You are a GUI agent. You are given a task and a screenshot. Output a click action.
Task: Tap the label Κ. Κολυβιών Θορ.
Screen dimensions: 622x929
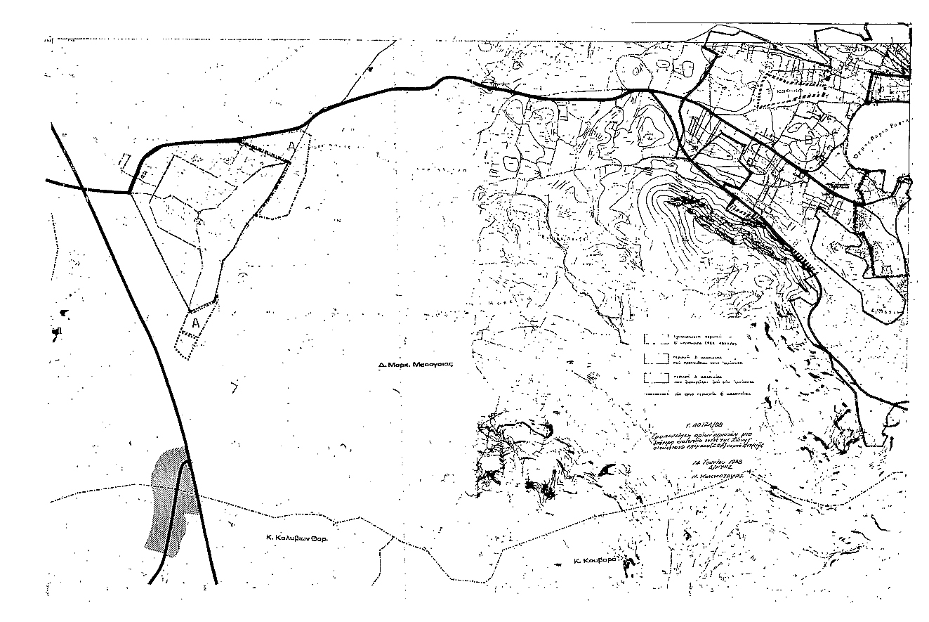click(x=297, y=536)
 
